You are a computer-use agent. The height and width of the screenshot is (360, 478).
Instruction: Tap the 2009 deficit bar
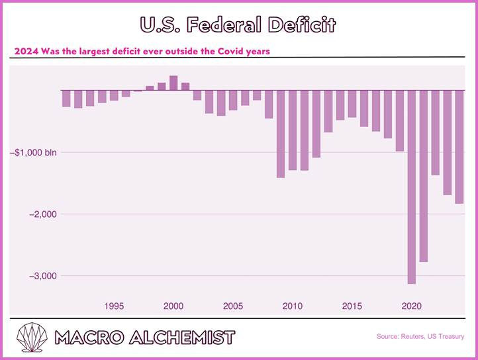point(281,133)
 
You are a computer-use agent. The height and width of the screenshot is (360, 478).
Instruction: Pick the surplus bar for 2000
point(173,83)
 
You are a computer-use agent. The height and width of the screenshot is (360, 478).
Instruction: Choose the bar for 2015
point(352,103)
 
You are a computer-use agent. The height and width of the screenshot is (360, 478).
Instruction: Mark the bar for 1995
point(114,95)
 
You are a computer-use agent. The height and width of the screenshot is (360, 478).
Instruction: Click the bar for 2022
point(436,132)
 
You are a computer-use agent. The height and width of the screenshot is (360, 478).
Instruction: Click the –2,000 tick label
point(43,214)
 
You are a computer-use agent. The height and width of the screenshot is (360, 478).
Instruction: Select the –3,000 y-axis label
point(43,275)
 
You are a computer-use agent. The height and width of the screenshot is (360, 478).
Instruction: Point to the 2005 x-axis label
point(232,306)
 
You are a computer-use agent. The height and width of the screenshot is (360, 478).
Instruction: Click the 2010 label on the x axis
point(292,306)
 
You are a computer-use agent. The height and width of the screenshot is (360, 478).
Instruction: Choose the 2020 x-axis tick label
point(412,306)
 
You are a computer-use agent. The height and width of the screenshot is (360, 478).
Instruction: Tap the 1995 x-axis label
point(114,306)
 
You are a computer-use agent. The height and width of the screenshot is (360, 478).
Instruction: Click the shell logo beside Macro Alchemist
point(32,337)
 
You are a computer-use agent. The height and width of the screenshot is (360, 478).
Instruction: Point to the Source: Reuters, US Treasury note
point(420,337)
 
